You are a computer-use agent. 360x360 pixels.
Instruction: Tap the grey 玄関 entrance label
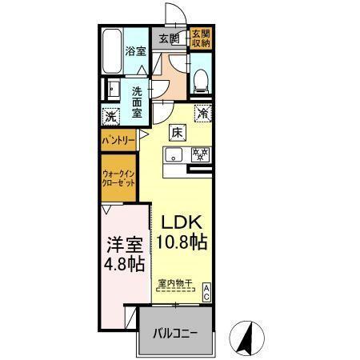tap(167, 38)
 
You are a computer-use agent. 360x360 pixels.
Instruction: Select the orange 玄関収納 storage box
tap(200, 38)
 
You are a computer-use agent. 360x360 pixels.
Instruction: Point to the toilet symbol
tap(201, 78)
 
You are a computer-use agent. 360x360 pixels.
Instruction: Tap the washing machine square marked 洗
tap(111, 116)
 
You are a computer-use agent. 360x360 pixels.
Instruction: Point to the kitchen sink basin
tap(174, 155)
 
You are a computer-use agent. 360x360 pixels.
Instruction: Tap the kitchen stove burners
tap(198, 155)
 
